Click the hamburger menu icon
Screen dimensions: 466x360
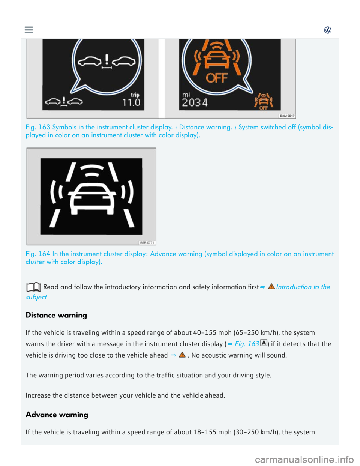click(x=28, y=30)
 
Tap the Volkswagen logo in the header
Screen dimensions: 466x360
click(x=328, y=30)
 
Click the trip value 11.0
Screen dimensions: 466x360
click(x=131, y=102)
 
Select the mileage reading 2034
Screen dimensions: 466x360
click(x=195, y=102)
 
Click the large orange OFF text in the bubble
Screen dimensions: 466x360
click(x=217, y=78)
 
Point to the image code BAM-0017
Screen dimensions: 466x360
click(x=287, y=116)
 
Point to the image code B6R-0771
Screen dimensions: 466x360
click(x=147, y=243)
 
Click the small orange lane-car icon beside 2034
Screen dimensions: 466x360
click(x=264, y=101)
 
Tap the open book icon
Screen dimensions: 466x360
click(x=33, y=287)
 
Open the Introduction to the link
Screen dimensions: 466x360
click(x=303, y=287)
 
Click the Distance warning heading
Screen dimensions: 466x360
click(x=56, y=315)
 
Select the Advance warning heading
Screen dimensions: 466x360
click(x=57, y=415)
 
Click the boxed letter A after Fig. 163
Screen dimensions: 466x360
click(x=264, y=343)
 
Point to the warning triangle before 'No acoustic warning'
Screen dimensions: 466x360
click(x=182, y=355)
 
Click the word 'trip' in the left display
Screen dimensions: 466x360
click(x=135, y=95)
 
